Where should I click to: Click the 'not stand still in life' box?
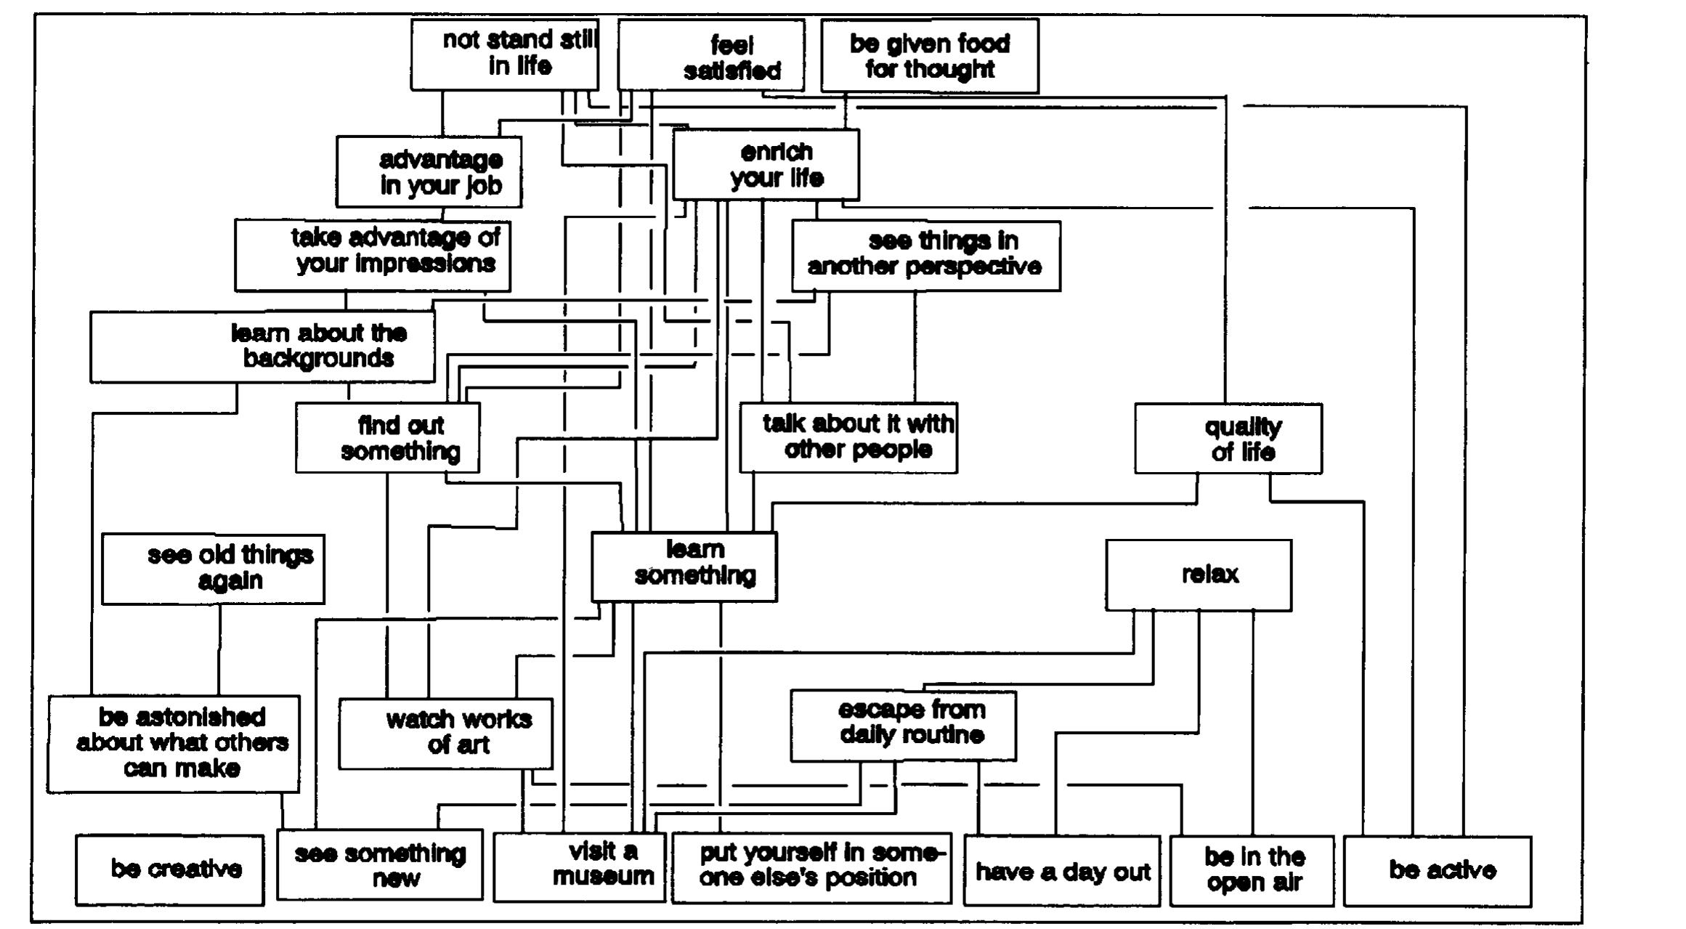tap(504, 54)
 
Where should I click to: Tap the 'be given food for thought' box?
tap(929, 56)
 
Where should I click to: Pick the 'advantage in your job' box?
tap(429, 172)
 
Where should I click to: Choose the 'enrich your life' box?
tap(766, 165)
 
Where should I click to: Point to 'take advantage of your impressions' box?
tap(372, 256)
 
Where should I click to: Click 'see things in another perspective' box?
tap(925, 256)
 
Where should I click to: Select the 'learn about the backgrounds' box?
tap(262, 346)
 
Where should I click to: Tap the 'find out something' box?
tap(387, 437)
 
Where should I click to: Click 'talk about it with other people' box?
tap(848, 437)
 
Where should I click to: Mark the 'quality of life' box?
tap(1228, 439)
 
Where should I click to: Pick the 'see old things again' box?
tap(213, 569)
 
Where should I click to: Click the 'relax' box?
tap(1198, 575)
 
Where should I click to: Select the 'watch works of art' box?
tap(445, 733)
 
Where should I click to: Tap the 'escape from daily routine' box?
tap(903, 725)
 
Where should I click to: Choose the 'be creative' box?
tap(169, 869)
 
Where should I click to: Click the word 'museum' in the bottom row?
tap(603, 877)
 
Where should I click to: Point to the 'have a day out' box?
tap(1061, 871)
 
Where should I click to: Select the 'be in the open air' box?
tap(1252, 871)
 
